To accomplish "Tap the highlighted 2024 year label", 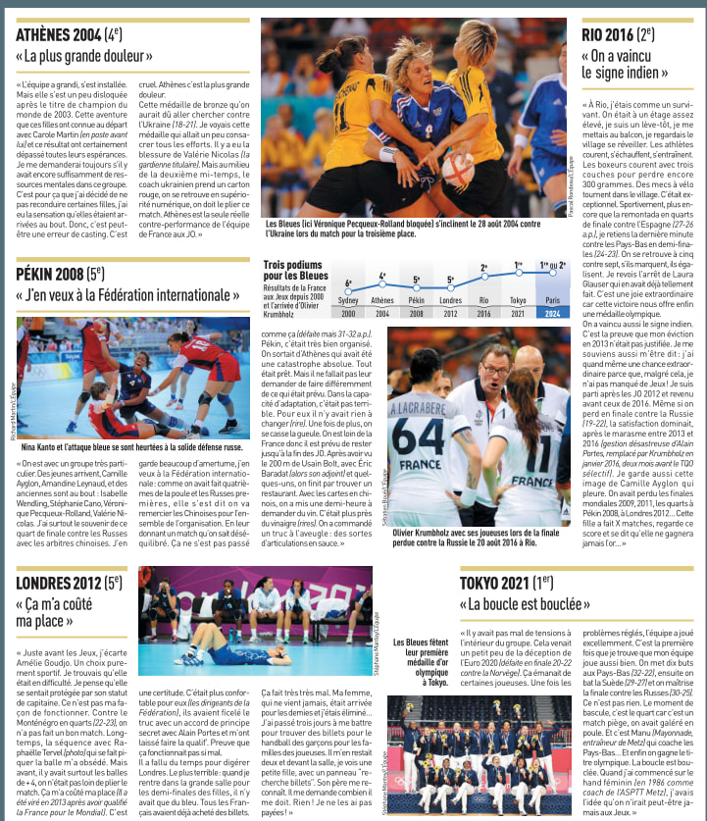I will (554, 313).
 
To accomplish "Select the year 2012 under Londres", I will (451, 313).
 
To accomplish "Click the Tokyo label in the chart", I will (519, 301).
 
